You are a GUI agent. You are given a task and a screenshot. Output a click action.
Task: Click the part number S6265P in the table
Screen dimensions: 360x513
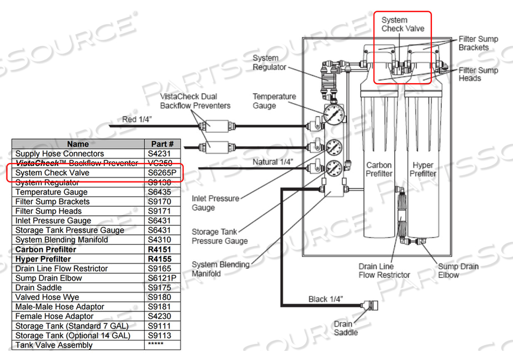click(163, 173)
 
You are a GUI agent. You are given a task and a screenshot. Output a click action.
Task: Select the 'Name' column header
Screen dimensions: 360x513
click(78, 144)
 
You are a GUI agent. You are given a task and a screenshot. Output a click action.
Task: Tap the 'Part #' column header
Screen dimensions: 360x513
click(163, 144)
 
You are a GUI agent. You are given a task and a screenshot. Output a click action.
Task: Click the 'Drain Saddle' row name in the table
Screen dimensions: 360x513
click(40, 288)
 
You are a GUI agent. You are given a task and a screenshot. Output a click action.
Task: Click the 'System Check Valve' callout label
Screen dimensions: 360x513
click(402, 24)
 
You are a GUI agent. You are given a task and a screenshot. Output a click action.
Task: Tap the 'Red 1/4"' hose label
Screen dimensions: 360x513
click(137, 119)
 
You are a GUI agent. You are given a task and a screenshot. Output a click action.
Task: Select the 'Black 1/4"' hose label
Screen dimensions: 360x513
click(326, 298)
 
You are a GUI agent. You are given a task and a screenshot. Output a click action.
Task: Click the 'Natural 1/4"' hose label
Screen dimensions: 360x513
click(273, 162)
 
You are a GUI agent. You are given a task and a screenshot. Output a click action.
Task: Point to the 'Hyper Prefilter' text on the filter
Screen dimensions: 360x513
click(422, 169)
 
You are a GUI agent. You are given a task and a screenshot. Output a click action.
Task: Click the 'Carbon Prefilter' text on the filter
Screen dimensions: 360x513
click(379, 169)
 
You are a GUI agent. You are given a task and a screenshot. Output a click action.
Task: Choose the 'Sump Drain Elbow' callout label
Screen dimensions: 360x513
click(458, 270)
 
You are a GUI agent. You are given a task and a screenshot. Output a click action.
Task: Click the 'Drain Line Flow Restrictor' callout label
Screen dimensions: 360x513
click(384, 270)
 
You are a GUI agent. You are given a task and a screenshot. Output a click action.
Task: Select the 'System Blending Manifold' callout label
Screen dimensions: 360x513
click(220, 269)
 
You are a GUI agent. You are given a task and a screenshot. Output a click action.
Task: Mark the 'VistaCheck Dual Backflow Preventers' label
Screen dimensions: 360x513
click(195, 100)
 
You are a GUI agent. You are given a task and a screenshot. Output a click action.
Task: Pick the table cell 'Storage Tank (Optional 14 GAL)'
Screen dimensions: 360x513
click(72, 336)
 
